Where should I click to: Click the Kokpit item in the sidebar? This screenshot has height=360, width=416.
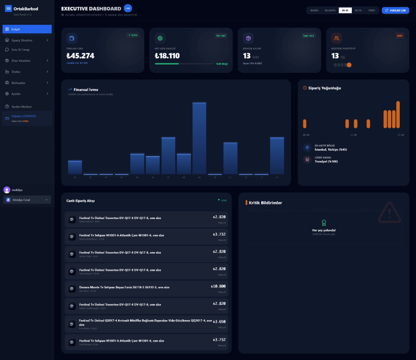tap(27, 29)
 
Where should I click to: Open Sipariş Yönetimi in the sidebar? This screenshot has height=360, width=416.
tap(27, 40)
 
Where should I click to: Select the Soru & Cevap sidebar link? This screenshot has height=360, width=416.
tap(20, 50)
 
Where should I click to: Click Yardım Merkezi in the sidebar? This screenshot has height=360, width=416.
tap(21, 106)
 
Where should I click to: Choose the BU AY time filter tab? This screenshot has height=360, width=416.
tap(345, 11)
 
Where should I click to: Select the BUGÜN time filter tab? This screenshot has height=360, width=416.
tap(314, 11)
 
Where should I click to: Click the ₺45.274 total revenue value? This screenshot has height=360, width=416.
tap(80, 56)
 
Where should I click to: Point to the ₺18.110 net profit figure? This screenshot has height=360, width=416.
tap(167, 56)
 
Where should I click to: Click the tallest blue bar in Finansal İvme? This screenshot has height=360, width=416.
tap(199, 138)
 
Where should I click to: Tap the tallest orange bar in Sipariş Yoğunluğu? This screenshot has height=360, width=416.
tap(398, 115)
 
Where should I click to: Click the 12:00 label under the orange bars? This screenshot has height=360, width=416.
tap(353, 135)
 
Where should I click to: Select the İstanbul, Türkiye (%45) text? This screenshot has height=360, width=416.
tap(331, 150)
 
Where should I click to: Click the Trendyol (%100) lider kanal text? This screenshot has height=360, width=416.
tap(326, 161)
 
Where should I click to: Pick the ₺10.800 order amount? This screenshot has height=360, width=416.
tap(218, 286)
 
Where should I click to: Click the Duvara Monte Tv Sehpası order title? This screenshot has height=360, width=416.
tap(124, 287)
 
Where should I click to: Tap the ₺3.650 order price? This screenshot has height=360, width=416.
tap(219, 321)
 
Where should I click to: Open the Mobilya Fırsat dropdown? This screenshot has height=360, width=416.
tap(27, 200)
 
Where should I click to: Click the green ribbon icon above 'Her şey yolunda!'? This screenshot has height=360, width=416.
tap(324, 223)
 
